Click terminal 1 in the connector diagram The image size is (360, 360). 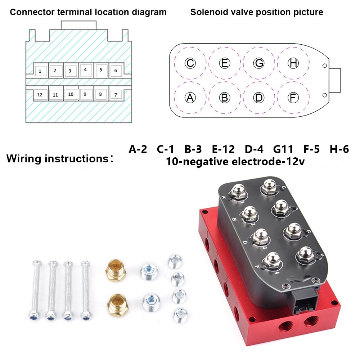click(x=40, y=71)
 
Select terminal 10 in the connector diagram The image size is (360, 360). click(x=71, y=94)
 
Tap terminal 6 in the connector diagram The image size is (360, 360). click(x=116, y=71)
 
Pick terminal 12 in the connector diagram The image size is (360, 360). click(x=40, y=95)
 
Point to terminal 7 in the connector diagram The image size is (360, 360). click(x=116, y=95)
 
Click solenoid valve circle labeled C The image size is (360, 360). click(x=190, y=63)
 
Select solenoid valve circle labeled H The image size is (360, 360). click(x=293, y=63)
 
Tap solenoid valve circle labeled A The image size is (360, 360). click(x=190, y=97)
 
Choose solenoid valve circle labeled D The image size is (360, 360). click(x=259, y=97)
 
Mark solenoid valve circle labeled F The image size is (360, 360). click(x=293, y=97)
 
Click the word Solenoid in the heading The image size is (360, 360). click(x=207, y=12)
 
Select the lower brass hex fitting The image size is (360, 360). click(x=116, y=302)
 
